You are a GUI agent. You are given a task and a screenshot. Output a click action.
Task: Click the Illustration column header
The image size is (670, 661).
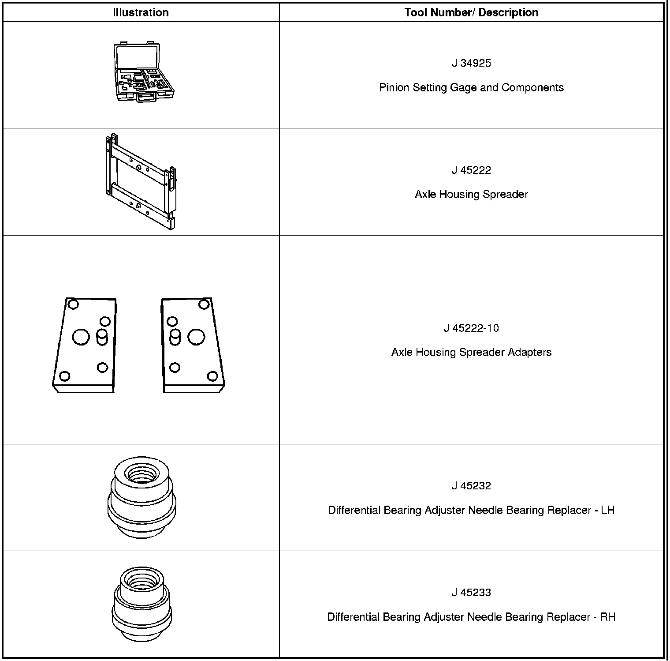point(141,12)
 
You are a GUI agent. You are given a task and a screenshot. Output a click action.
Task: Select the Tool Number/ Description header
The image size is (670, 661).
point(471,12)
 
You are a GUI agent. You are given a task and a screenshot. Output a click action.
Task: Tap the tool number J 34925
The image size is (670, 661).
point(471,63)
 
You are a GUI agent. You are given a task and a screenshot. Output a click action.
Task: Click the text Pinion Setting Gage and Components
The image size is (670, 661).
point(471,87)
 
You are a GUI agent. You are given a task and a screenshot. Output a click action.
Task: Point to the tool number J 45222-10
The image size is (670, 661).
point(471,328)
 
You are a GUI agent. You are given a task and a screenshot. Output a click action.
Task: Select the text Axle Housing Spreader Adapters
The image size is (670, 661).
point(471,352)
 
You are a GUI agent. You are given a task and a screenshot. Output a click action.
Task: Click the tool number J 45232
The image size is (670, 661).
point(471,486)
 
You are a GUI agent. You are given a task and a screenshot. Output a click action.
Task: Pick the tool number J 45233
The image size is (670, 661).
point(471,593)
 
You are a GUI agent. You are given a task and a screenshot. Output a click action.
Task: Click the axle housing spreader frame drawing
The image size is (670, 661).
point(141,181)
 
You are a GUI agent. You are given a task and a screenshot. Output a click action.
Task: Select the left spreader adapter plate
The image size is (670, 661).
point(85,345)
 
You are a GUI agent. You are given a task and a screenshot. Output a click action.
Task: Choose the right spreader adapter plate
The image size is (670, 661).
point(194,345)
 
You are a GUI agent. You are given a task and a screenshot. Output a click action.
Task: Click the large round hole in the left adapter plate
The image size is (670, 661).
point(81,338)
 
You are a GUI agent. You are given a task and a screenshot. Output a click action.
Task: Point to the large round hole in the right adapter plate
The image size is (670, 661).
point(196,338)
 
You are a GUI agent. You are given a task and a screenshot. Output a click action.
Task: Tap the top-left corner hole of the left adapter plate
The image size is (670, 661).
point(74,304)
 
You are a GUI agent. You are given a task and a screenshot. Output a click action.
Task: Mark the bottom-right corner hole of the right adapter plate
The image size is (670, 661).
point(212,376)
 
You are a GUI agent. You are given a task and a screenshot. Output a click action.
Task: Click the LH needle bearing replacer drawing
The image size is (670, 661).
point(141,497)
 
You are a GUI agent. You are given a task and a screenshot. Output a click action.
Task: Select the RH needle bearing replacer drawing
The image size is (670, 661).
point(141,604)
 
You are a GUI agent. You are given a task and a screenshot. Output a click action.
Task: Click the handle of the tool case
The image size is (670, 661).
point(145,99)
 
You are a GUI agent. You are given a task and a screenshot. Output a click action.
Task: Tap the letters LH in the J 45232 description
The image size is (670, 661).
point(608,511)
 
